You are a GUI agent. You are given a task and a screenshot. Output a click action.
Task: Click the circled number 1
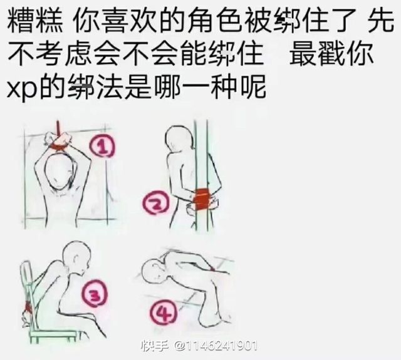[102, 146]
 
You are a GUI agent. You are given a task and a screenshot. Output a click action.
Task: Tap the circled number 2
[156, 203]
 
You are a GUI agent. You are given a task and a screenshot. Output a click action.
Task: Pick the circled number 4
[163, 313]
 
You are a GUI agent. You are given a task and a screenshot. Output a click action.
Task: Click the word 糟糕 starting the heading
[35, 19]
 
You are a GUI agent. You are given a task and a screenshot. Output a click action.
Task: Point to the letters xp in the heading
[21, 89]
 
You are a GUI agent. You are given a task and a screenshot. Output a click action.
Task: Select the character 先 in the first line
[380, 19]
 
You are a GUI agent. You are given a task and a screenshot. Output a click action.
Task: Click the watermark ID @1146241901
[216, 346]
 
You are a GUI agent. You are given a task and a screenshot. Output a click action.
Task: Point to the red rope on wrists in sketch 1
[59, 147]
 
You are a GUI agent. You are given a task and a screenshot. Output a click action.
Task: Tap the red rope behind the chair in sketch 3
[28, 306]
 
